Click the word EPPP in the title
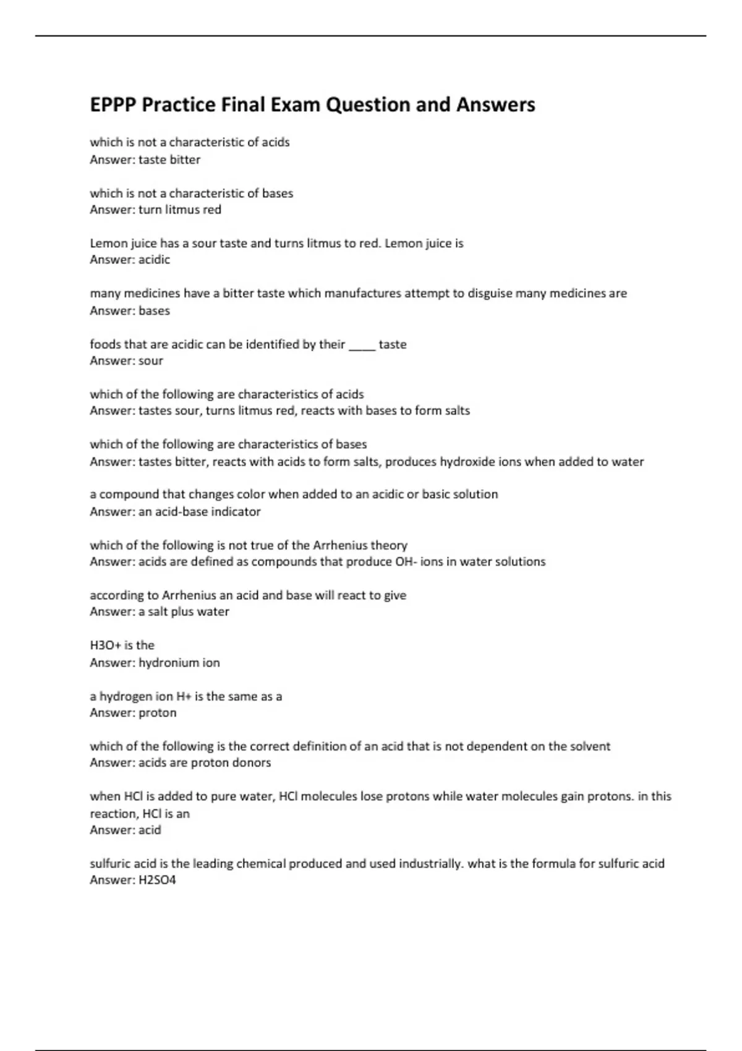click(113, 104)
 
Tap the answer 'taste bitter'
click(169, 160)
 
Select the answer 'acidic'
click(154, 260)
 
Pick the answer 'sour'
click(151, 360)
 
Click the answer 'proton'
click(158, 712)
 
